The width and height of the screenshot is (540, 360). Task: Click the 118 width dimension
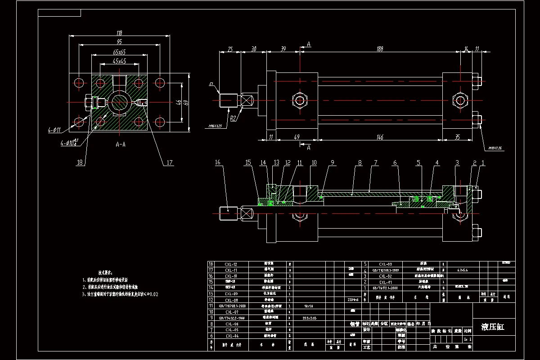coord(119,33)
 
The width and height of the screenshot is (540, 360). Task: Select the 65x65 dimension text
coord(119,52)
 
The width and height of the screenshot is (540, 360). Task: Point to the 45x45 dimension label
coord(119,61)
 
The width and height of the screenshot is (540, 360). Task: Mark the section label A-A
coord(120,145)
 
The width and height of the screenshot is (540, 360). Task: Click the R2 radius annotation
coord(234,119)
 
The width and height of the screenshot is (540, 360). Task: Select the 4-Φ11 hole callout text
coord(55,130)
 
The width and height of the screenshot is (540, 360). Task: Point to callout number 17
coord(170,163)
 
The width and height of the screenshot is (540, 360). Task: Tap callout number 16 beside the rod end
coord(218,162)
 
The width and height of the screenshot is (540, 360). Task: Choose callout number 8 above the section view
coord(360,162)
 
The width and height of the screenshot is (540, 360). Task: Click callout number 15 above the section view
coord(248,162)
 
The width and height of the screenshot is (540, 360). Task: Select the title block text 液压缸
coord(493,327)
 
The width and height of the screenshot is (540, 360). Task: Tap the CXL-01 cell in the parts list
coord(386,282)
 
